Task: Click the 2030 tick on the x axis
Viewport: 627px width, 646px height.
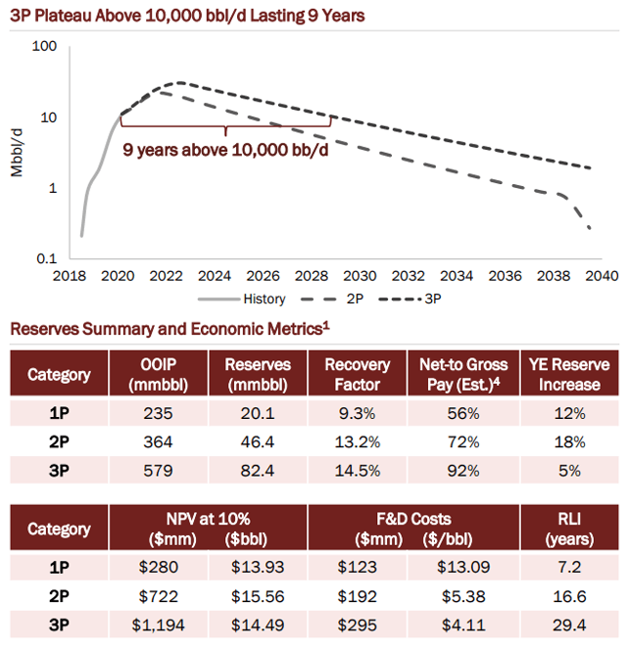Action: coord(359,277)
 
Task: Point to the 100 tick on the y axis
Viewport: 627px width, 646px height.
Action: coord(47,46)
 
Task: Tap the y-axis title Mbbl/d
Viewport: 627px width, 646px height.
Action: coord(17,153)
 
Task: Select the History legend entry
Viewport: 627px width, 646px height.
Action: coord(258,299)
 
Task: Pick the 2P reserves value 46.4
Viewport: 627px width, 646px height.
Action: coord(255,439)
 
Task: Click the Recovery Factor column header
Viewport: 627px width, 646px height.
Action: coord(357,374)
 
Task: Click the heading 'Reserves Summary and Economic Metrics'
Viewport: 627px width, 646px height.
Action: coord(167,330)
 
